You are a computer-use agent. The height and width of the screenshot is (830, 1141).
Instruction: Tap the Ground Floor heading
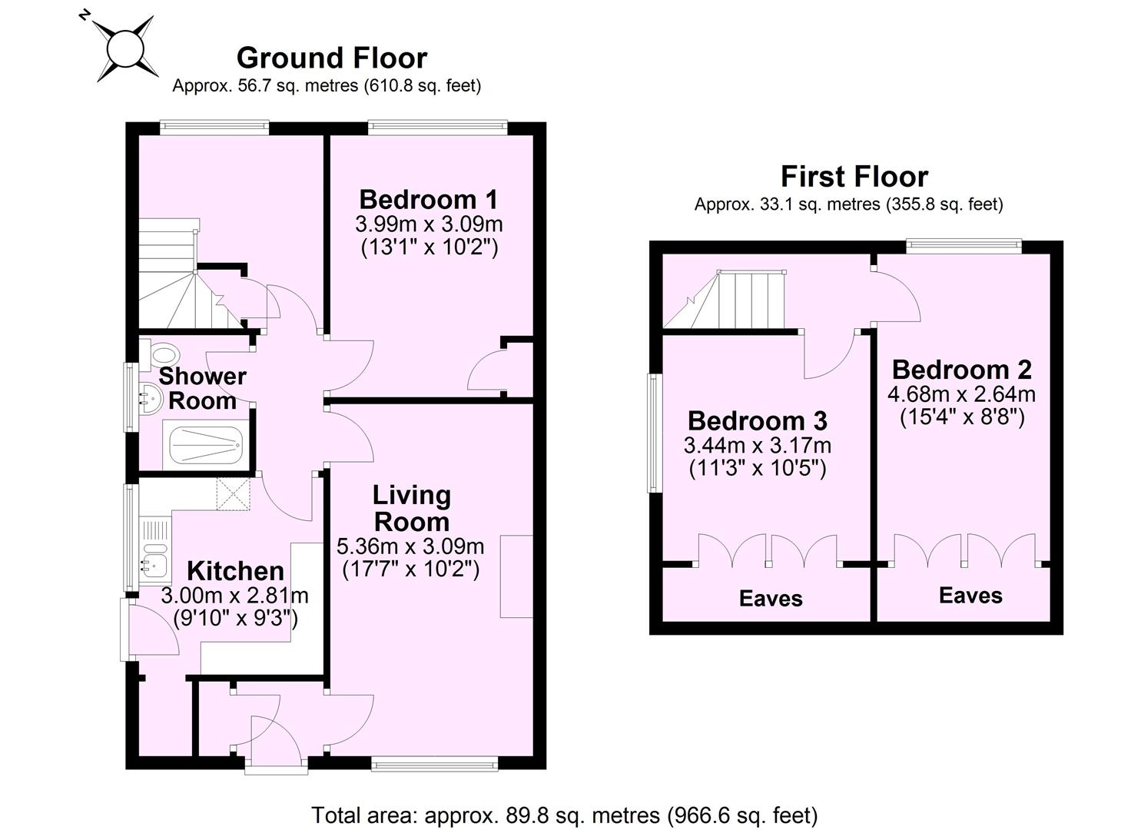click(x=331, y=58)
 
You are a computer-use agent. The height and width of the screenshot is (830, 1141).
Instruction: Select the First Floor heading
click(x=854, y=177)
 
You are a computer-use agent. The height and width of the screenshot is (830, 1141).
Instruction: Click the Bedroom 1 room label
click(x=428, y=200)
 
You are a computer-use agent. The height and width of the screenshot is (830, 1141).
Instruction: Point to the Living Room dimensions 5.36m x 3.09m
click(x=410, y=546)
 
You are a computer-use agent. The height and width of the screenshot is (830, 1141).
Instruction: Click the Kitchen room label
click(x=235, y=571)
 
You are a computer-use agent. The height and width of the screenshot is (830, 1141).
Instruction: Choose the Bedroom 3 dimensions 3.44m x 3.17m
click(x=757, y=445)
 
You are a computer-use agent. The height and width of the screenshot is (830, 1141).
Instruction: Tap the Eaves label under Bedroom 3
click(x=770, y=599)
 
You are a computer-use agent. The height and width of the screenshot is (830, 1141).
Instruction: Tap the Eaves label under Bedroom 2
click(x=970, y=596)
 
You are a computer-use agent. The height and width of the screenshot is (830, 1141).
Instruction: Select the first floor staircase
click(x=730, y=300)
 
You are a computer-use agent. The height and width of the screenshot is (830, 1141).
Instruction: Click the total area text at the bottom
click(x=564, y=815)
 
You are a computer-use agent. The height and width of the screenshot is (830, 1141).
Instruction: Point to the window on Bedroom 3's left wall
click(x=655, y=433)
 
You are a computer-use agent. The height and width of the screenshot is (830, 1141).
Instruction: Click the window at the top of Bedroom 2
click(x=964, y=246)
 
